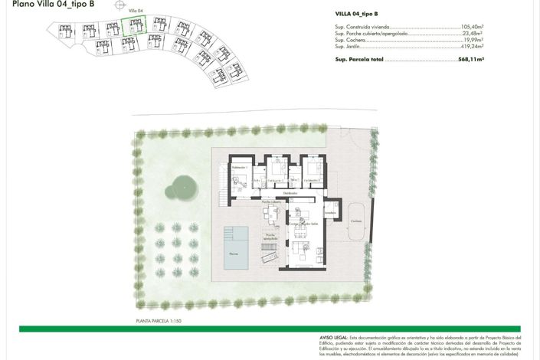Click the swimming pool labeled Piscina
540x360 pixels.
pos(240,248)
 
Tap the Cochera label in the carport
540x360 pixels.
pos(355,222)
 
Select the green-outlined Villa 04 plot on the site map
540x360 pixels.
pos(134,27)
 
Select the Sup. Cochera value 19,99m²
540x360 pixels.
pos(472,40)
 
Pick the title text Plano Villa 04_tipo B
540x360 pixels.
pos(54,5)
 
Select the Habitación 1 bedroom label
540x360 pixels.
pos(241,167)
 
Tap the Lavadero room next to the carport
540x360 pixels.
pos(329,213)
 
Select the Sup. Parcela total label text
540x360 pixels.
pos(358,59)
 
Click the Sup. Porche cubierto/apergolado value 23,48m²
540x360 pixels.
pos(472,34)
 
